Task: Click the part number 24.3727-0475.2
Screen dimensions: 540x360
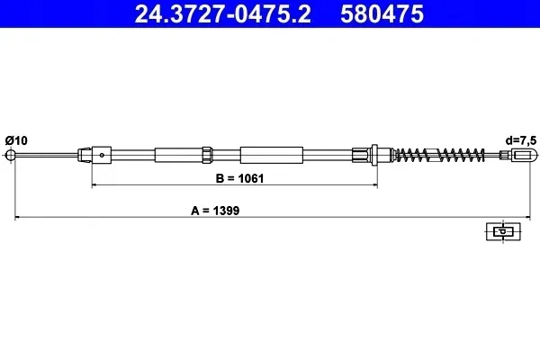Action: pyautogui.click(x=222, y=13)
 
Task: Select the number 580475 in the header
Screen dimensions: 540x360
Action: pyautogui.click(x=382, y=13)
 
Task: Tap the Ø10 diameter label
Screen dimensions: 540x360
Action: pyautogui.click(x=16, y=140)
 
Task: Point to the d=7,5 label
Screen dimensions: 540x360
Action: pyautogui.click(x=521, y=140)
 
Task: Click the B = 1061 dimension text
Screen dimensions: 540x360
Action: pyautogui.click(x=239, y=178)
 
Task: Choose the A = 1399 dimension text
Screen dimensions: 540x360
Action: pyautogui.click(x=215, y=211)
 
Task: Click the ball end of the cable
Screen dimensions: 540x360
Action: pyautogui.click(x=11, y=155)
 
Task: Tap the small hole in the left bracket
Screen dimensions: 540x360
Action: pyautogui.click(x=102, y=155)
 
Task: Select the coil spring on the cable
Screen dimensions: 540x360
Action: pyautogui.click(x=439, y=155)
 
